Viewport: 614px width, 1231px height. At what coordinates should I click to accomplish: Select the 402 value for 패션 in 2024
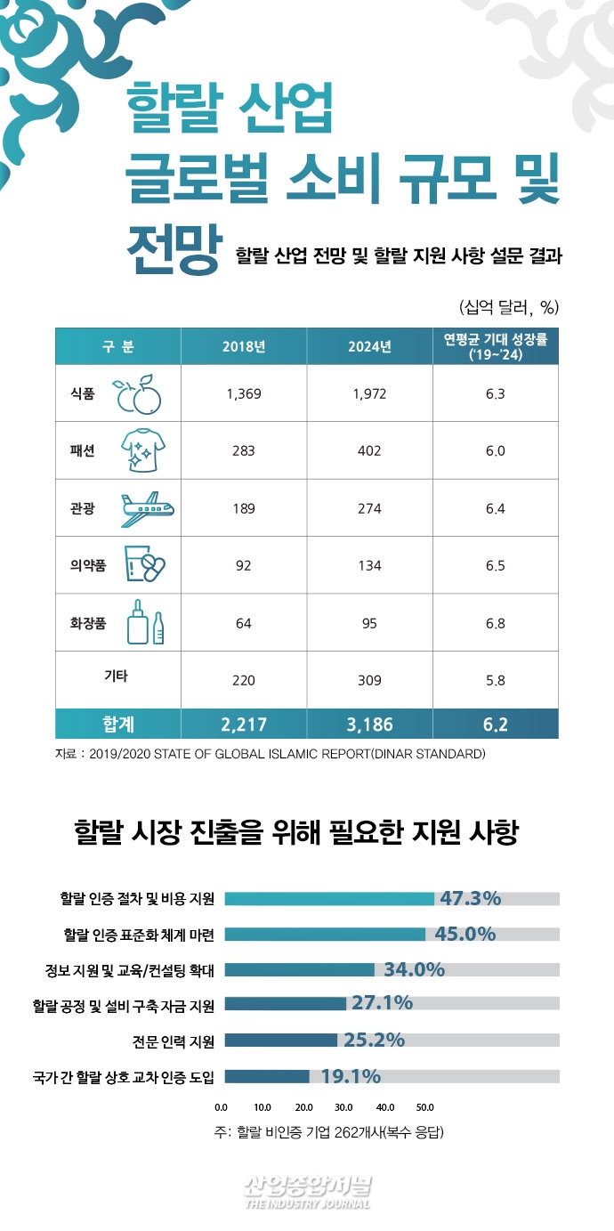[x=369, y=450]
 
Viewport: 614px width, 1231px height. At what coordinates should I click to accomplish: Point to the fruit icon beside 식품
[x=140, y=394]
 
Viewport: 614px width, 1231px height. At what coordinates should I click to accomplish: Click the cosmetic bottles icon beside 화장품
[x=145, y=623]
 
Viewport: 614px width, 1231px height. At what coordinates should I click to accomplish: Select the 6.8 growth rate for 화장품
[x=496, y=623]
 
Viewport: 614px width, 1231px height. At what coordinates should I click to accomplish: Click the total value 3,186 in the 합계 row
[x=369, y=725]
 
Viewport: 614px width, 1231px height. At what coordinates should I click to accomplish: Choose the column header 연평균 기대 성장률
[x=496, y=346]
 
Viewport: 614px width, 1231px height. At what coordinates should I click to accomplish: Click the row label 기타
[x=116, y=676]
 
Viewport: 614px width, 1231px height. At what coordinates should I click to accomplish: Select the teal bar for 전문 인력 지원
[x=280, y=1041]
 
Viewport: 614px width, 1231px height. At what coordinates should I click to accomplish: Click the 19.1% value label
[x=351, y=1076]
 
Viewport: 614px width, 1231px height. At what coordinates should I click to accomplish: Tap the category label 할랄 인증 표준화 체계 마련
[x=139, y=935]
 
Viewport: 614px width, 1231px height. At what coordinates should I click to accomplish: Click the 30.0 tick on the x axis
[x=343, y=1107]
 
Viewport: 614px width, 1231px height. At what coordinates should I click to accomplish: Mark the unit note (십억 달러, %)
[x=508, y=308]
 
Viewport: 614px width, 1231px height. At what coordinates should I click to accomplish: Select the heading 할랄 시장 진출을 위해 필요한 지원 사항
[x=307, y=835]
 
